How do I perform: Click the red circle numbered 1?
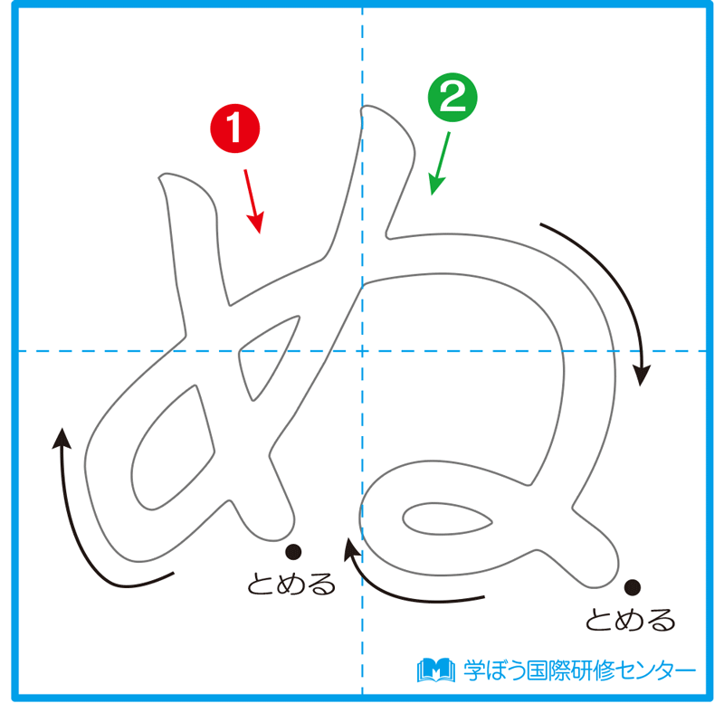coord(235,128)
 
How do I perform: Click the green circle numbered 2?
coord(452,98)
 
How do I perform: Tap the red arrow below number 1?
coord(254,202)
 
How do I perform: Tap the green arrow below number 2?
coord(439,164)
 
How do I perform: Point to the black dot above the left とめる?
coord(293,551)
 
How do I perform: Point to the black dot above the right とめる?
coord(632,587)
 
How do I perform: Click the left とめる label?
coord(291,584)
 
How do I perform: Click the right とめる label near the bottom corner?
coord(630,619)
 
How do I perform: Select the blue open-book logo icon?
coord(436,670)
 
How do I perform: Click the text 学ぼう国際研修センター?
coord(579,670)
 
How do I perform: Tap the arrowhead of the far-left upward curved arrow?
coord(62,438)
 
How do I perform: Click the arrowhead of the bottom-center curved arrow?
coord(351,548)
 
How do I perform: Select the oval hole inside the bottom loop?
coord(447,519)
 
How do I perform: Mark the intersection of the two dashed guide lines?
coord(363,351)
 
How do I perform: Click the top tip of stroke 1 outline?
coord(160,176)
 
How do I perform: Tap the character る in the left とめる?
coord(321,585)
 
